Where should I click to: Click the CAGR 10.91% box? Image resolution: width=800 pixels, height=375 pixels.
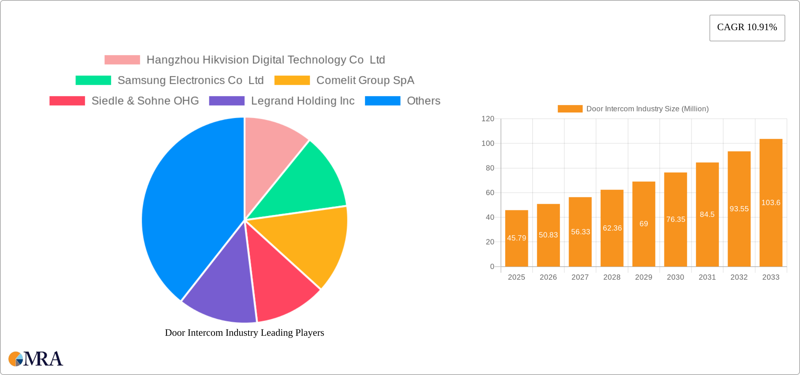[747, 28]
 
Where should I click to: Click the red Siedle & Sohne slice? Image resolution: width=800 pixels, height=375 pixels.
[281, 284]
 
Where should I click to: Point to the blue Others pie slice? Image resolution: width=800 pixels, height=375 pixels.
[186, 210]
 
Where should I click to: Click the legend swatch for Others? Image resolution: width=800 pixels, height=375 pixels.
[382, 101]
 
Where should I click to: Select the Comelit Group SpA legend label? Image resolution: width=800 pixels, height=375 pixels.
[365, 80]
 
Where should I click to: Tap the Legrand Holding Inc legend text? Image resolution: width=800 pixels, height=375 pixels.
[302, 101]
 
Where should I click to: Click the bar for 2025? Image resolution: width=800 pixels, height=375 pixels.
[516, 238]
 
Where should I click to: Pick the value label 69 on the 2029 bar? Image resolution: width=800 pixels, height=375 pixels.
[644, 224]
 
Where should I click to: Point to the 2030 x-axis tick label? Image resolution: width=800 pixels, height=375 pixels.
[675, 277]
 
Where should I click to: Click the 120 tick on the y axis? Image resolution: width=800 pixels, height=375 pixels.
[488, 119]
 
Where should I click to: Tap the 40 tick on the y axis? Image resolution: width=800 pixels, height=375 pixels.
[490, 217]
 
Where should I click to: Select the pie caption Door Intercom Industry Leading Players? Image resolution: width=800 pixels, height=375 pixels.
[245, 333]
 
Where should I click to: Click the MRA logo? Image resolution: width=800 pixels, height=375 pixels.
[35, 359]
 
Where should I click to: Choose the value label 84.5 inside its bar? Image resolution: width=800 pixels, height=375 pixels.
[707, 214]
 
